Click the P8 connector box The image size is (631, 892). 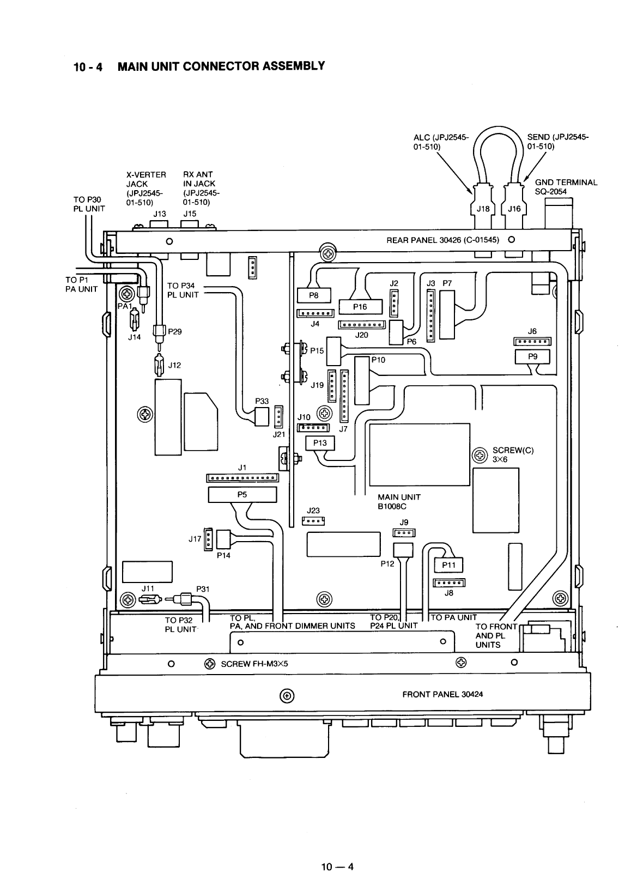click(x=313, y=295)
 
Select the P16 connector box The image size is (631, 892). click(x=360, y=307)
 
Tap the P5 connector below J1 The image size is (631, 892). click(x=242, y=495)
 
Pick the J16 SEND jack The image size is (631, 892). click(x=514, y=209)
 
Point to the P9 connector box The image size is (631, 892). click(x=532, y=356)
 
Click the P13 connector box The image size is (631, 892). click(x=320, y=443)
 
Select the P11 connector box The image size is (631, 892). click(x=448, y=565)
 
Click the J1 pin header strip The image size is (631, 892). click(x=242, y=478)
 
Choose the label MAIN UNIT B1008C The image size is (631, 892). click(x=399, y=501)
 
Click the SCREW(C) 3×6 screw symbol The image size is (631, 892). click(x=480, y=454)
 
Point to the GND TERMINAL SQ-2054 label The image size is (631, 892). click(x=566, y=187)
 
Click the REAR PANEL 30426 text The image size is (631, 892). click(x=442, y=240)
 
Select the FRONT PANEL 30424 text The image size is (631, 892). click(x=442, y=694)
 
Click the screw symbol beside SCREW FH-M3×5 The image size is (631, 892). click(x=209, y=664)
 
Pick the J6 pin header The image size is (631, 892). click(x=532, y=342)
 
